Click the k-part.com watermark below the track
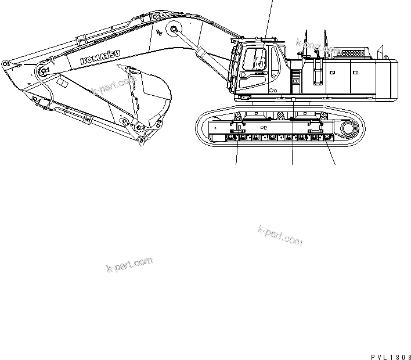click(x=279, y=235)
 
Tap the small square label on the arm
click(x=64, y=85)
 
